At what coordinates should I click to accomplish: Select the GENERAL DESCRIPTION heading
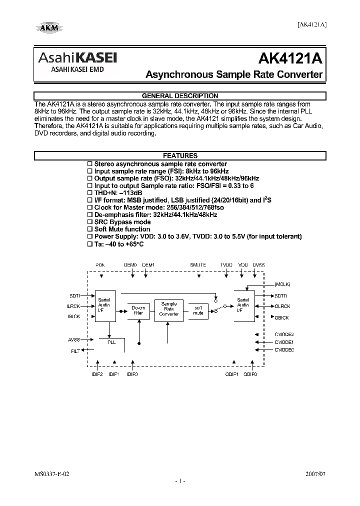(179, 96)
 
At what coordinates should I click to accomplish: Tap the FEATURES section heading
(179, 156)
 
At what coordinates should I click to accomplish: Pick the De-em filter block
(138, 310)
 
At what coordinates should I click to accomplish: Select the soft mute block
(198, 310)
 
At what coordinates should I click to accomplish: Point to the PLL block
(111, 342)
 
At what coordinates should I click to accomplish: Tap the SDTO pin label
(281, 295)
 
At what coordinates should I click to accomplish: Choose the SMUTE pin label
(197, 264)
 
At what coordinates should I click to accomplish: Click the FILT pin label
(75, 351)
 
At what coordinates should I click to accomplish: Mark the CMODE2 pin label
(284, 334)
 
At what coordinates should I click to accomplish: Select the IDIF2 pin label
(97, 374)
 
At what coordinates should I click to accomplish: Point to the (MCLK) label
(282, 284)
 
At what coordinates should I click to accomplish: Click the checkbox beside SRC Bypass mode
(90, 221)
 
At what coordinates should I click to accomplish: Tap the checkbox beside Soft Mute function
(90, 229)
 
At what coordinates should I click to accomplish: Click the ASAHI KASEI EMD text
(77, 70)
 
